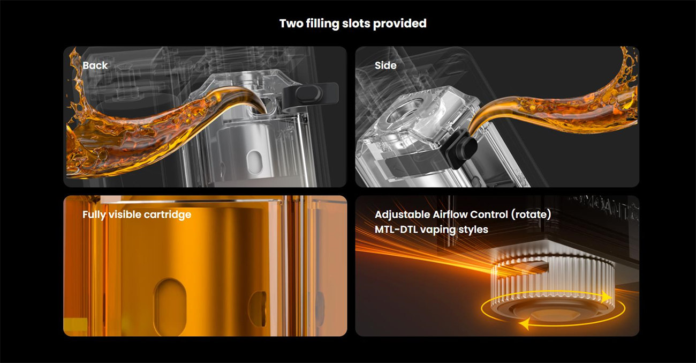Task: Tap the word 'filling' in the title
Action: click(x=322, y=24)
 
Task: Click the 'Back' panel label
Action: click(x=95, y=65)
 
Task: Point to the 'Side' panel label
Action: click(x=385, y=65)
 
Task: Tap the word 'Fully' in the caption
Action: click(x=94, y=214)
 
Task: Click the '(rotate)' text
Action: click(x=531, y=214)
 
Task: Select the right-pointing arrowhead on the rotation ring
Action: click(x=607, y=297)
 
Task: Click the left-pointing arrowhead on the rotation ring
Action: click(x=525, y=324)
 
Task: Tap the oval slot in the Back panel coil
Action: click(x=254, y=161)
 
